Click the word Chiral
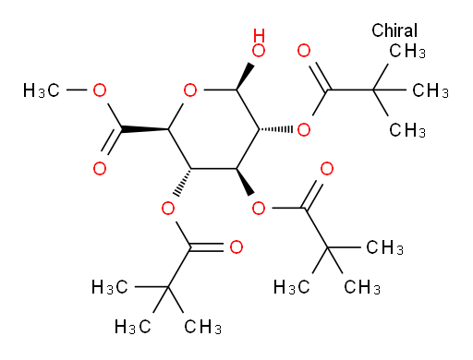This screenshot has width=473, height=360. point(394,30)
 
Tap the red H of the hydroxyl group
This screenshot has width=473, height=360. point(259,35)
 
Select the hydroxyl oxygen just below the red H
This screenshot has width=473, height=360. point(259,51)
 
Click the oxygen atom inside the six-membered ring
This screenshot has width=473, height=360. point(190,90)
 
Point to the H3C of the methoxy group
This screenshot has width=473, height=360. point(42,90)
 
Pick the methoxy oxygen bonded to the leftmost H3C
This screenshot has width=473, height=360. point(100,90)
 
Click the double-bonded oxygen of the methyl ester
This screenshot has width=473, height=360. point(100,169)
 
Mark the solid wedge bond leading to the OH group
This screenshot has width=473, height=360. point(246,77)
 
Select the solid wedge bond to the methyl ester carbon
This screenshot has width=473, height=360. point(145,129)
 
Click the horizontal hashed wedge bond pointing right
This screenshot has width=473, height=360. point(275,129)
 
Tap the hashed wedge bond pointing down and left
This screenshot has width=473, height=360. point(183,183)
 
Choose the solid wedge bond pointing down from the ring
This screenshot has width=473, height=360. point(246,182)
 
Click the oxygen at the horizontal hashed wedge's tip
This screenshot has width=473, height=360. point(304,129)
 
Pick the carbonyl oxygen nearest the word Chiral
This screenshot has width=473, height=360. point(304,51)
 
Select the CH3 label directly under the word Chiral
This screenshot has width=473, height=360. point(407,51)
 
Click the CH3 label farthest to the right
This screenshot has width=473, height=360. point(431,90)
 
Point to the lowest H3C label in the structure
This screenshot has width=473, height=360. point(133,327)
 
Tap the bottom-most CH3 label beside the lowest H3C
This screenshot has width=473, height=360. point(202,327)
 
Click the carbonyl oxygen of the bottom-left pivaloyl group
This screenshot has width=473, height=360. point(236,247)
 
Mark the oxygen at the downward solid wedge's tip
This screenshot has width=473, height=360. point(259,209)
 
